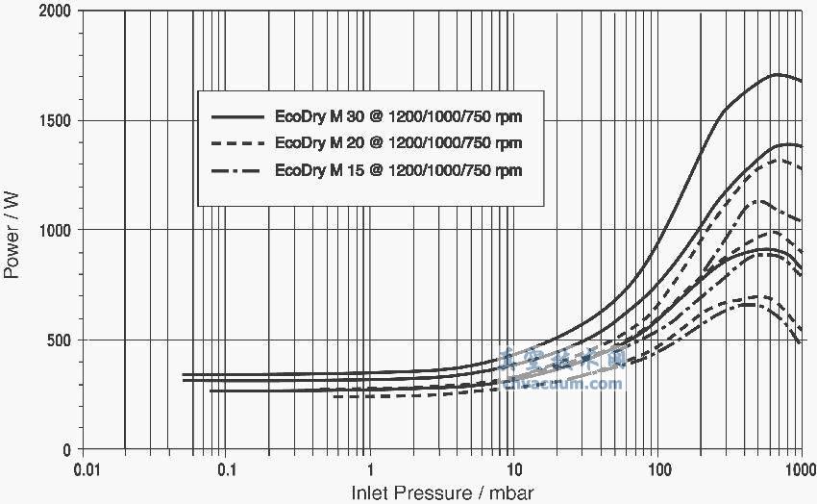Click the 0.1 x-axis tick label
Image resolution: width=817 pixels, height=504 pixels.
[x=227, y=470]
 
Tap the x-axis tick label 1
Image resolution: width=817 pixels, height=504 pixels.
[x=370, y=470]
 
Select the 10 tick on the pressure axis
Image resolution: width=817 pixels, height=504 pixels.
[x=513, y=470]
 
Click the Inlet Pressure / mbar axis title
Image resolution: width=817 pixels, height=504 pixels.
[x=442, y=492]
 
